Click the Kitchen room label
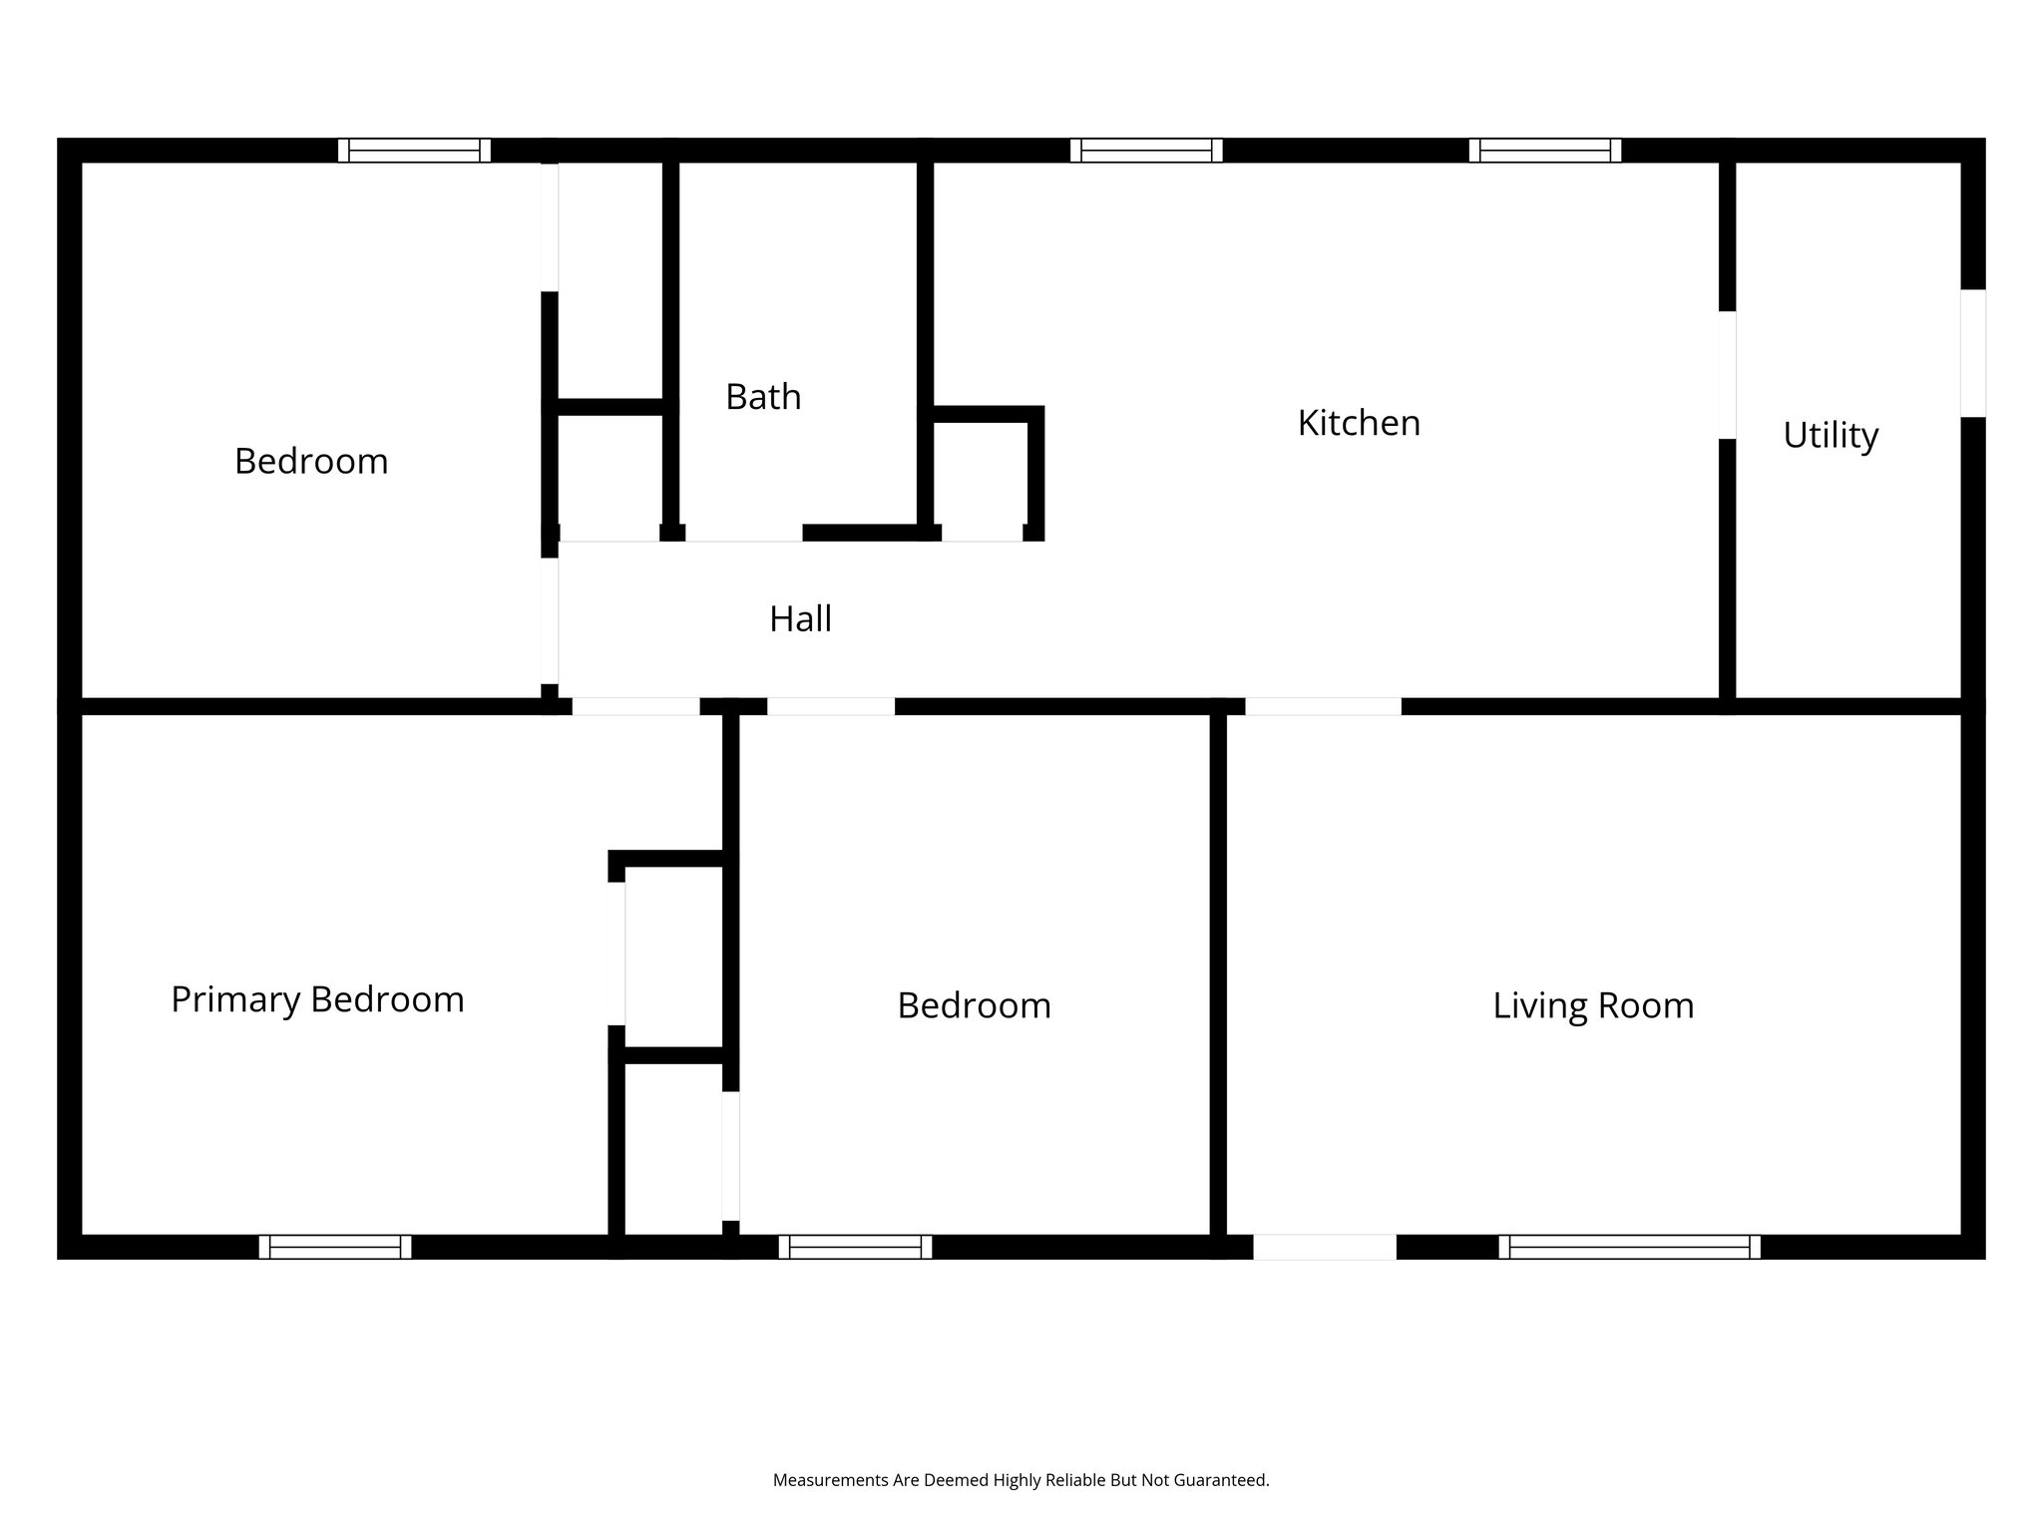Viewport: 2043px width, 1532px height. (x=1359, y=423)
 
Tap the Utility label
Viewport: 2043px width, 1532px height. (x=1831, y=435)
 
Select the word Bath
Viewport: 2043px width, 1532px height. (x=763, y=397)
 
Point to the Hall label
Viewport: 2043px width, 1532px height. (x=800, y=619)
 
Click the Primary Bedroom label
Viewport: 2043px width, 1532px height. (x=317, y=999)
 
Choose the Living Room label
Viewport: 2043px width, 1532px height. (x=1593, y=1005)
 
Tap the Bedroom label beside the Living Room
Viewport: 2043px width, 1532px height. (x=974, y=1005)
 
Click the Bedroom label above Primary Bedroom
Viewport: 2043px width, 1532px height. (x=311, y=461)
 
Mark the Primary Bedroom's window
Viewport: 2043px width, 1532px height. (x=335, y=1247)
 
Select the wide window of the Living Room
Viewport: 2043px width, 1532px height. (x=1629, y=1247)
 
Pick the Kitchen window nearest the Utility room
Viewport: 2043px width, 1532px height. (x=1544, y=151)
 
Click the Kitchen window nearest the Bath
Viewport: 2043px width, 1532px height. (x=1146, y=151)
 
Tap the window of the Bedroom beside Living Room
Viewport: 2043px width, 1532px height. (x=855, y=1247)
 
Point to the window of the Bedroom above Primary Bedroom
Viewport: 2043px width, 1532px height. (x=414, y=151)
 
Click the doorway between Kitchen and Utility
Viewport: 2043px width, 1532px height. (x=1728, y=375)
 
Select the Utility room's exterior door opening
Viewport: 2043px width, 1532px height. (x=1973, y=353)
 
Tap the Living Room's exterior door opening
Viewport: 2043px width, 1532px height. (x=1324, y=1247)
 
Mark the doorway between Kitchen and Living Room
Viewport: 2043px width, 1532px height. (x=1323, y=706)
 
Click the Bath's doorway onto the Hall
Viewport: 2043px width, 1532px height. (x=743, y=534)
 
